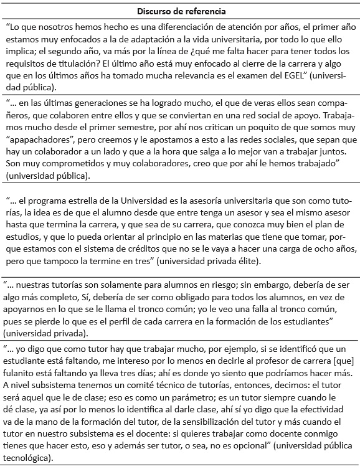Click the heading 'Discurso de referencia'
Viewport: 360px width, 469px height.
(x=179, y=11)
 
